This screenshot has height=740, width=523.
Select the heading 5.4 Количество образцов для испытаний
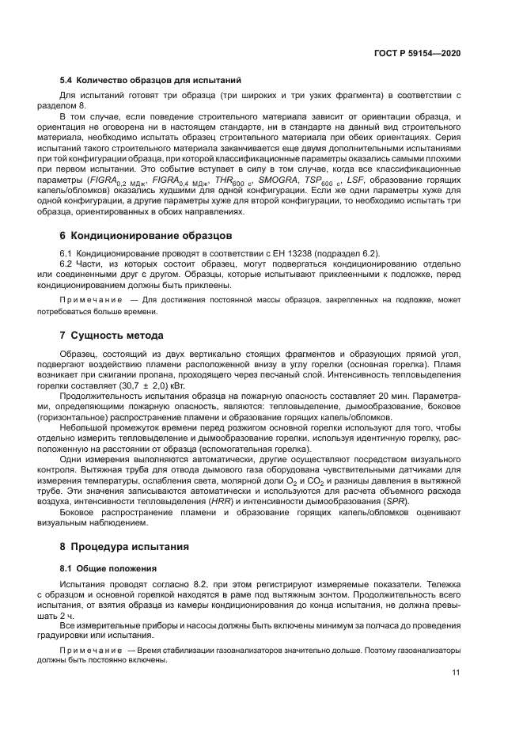pos(151,81)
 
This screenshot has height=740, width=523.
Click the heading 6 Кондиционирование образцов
pos(146,235)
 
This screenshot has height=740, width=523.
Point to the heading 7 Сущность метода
pos(112,336)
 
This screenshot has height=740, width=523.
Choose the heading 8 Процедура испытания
pos(124,547)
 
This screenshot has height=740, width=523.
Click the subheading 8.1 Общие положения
pos(110,568)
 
